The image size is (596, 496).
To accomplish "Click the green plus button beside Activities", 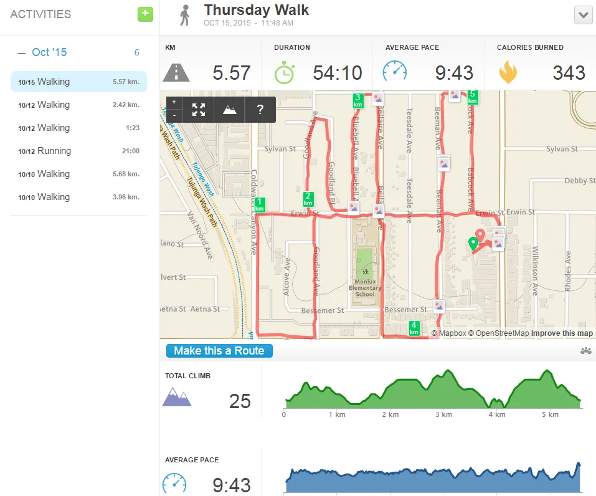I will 145,14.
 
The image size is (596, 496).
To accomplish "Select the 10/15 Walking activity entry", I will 78,82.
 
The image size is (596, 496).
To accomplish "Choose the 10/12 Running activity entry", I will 78,151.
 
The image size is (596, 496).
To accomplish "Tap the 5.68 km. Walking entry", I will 78,174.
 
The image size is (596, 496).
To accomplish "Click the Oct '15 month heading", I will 49,52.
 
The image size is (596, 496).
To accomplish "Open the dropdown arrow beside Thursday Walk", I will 583,16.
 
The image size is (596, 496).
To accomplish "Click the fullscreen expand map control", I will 199,110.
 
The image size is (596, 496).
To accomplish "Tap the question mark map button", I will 260,110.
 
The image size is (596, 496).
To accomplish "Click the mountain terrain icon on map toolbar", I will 230,110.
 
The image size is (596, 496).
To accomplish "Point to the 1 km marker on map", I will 260,204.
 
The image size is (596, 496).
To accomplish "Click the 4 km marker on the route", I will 414,328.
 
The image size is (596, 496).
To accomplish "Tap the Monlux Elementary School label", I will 365,288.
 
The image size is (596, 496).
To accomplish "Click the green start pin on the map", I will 473,244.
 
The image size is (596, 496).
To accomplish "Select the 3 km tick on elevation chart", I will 443,414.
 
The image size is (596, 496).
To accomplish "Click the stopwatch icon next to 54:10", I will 284,73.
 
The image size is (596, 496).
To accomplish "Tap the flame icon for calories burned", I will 508,73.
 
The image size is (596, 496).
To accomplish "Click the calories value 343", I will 569,73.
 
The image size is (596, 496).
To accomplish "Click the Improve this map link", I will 562,333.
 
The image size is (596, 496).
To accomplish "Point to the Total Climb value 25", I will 240,401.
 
